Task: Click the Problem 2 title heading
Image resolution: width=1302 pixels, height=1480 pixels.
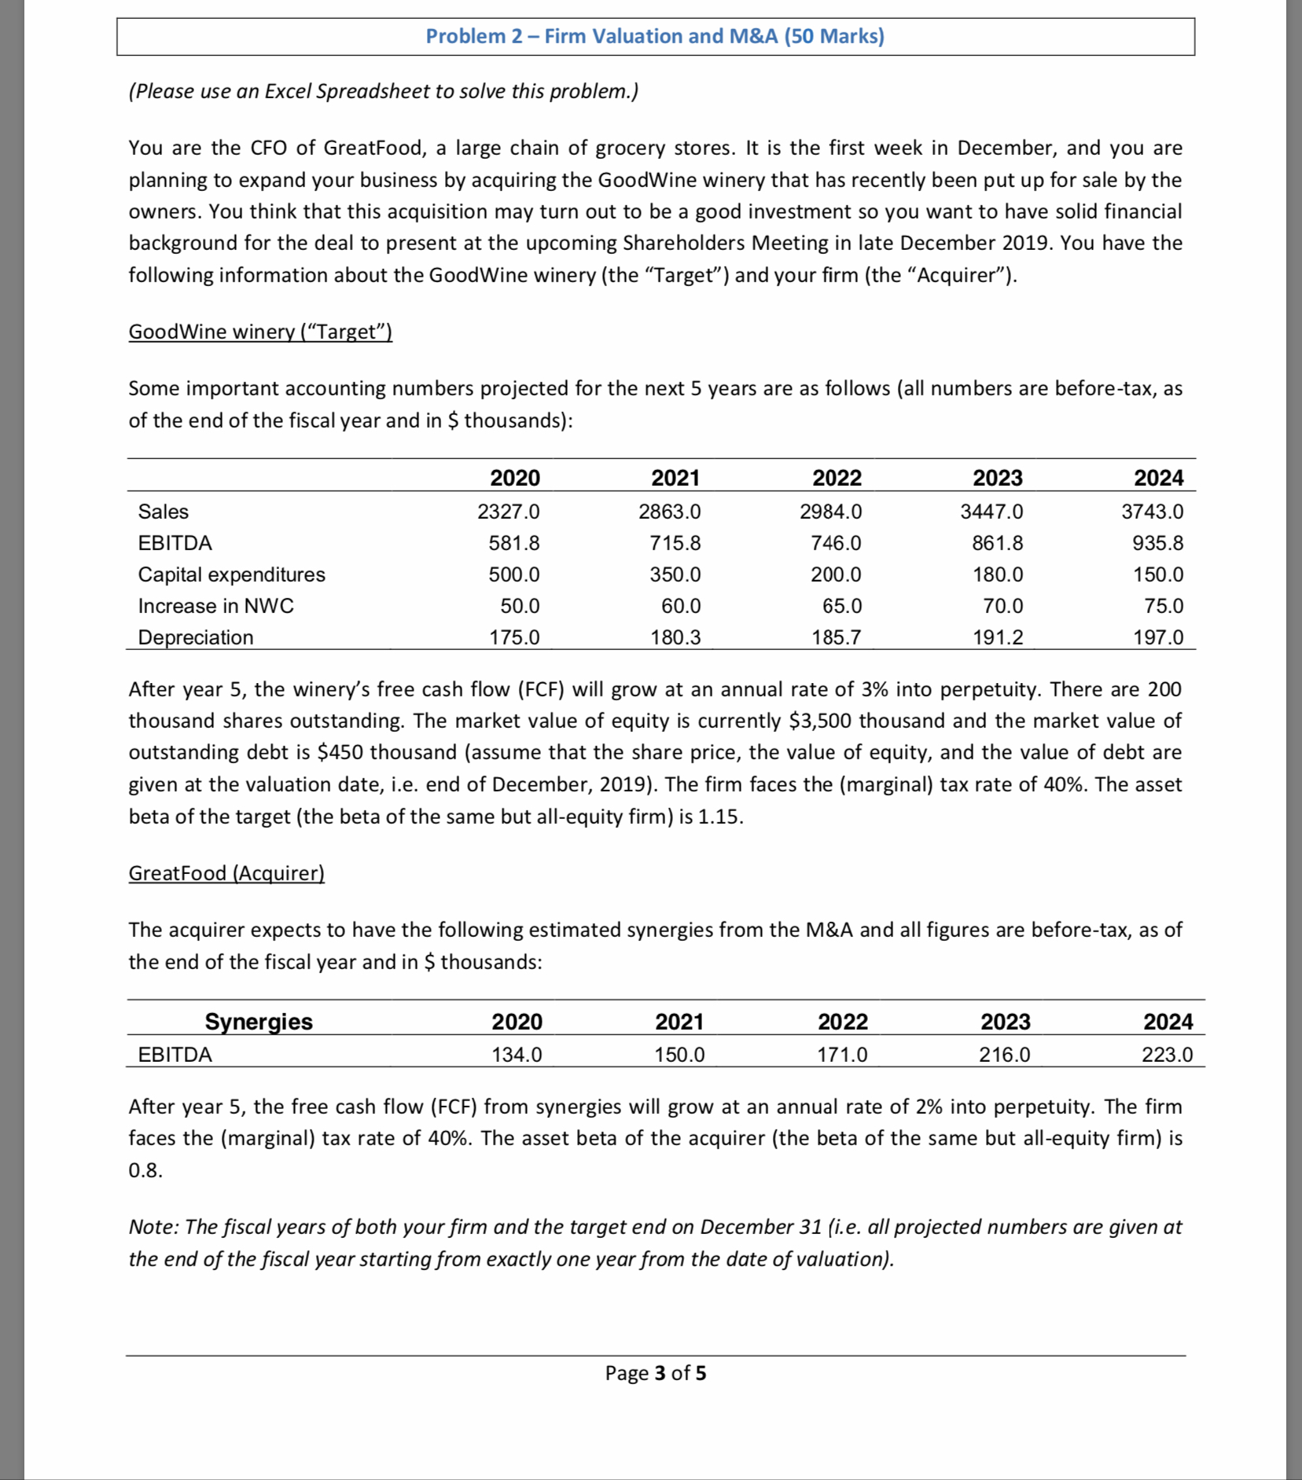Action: click(x=655, y=36)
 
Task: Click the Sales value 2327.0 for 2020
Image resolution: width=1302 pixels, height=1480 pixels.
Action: click(x=508, y=512)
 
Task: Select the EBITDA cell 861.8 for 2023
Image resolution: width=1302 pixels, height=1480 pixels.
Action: click(x=997, y=543)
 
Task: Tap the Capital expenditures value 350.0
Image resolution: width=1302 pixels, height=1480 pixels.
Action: click(x=675, y=575)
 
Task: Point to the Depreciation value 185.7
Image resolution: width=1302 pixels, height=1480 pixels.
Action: click(x=836, y=637)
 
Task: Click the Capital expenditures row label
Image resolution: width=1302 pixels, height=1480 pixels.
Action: click(x=231, y=575)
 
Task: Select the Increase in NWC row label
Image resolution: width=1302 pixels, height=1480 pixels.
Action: click(x=215, y=606)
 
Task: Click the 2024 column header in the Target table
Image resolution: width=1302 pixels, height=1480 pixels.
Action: click(x=1158, y=478)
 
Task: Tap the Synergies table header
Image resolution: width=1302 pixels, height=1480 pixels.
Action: click(x=259, y=1021)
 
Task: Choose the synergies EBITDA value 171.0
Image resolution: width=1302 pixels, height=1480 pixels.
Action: click(x=842, y=1055)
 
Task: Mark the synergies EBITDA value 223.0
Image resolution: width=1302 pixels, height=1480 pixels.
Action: click(x=1167, y=1055)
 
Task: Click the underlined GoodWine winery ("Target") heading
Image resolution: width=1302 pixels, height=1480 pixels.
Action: click(x=260, y=332)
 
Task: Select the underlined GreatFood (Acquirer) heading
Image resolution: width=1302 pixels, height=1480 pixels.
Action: click(x=226, y=873)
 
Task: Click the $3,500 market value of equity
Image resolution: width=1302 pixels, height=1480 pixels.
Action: click(x=822, y=721)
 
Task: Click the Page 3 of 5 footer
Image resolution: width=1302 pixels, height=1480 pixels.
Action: click(x=655, y=1372)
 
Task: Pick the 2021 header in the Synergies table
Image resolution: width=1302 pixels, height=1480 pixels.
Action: click(x=679, y=1021)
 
